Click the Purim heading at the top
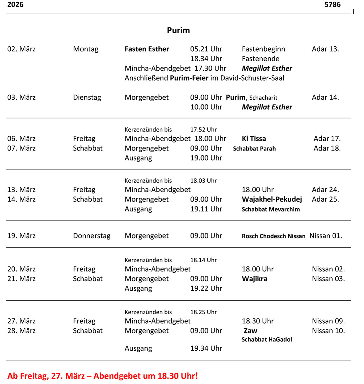[178, 30]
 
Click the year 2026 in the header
[15, 4]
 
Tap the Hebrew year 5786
[332, 4]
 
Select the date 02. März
[21, 49]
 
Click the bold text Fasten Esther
[147, 49]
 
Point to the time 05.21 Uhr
[206, 49]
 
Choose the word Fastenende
[260, 59]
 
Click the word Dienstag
[87, 97]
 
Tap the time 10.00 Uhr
[206, 107]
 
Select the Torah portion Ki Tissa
[254, 139]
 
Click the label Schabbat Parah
[254, 149]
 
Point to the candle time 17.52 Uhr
[203, 130]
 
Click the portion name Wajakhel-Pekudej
[272, 199]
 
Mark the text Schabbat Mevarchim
[271, 209]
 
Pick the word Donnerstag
[91, 236]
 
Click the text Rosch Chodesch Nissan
[273, 236]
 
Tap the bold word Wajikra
[254, 279]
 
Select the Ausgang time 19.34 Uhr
[206, 348]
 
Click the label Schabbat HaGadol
[267, 339]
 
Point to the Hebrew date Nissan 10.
[328, 331]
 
